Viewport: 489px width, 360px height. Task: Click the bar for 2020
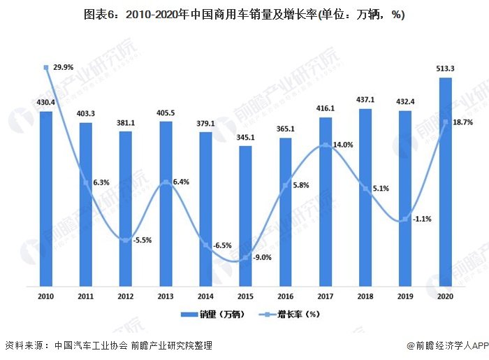[445, 182]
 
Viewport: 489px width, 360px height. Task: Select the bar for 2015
[245, 216]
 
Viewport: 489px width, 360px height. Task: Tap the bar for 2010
[46, 199]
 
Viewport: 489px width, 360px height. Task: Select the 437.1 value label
[365, 100]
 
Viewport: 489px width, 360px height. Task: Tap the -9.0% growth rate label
[262, 257]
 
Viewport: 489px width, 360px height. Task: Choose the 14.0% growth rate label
[342, 145]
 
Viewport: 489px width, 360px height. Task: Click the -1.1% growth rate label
[422, 218]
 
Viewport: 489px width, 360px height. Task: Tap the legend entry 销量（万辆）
[210, 315]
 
